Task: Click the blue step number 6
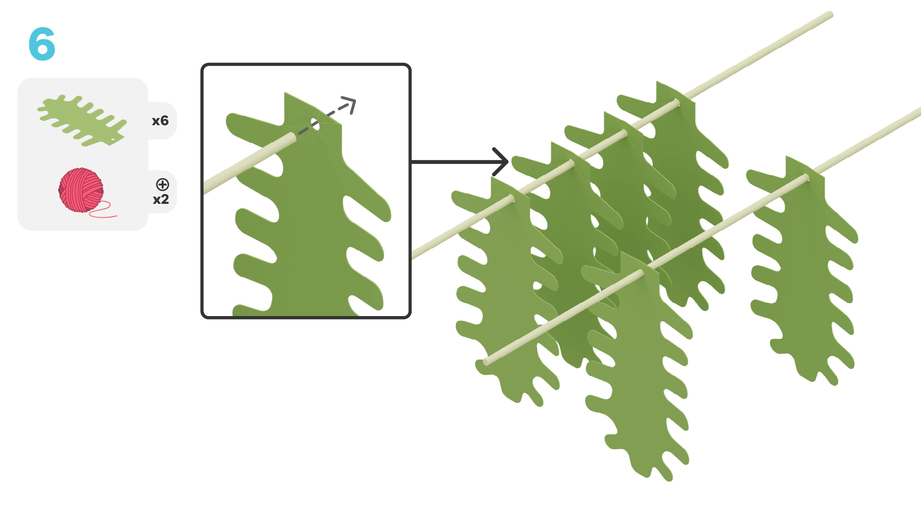coord(42,44)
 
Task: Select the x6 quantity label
coord(160,121)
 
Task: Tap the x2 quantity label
coord(161,200)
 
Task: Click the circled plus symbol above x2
coord(163,185)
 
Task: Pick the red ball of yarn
coord(81,190)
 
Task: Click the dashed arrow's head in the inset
coord(349,105)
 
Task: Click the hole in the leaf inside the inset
coord(315,124)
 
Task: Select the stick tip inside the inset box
coord(292,138)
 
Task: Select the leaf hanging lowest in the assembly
coord(638,365)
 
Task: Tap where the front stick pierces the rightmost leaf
coord(807,178)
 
